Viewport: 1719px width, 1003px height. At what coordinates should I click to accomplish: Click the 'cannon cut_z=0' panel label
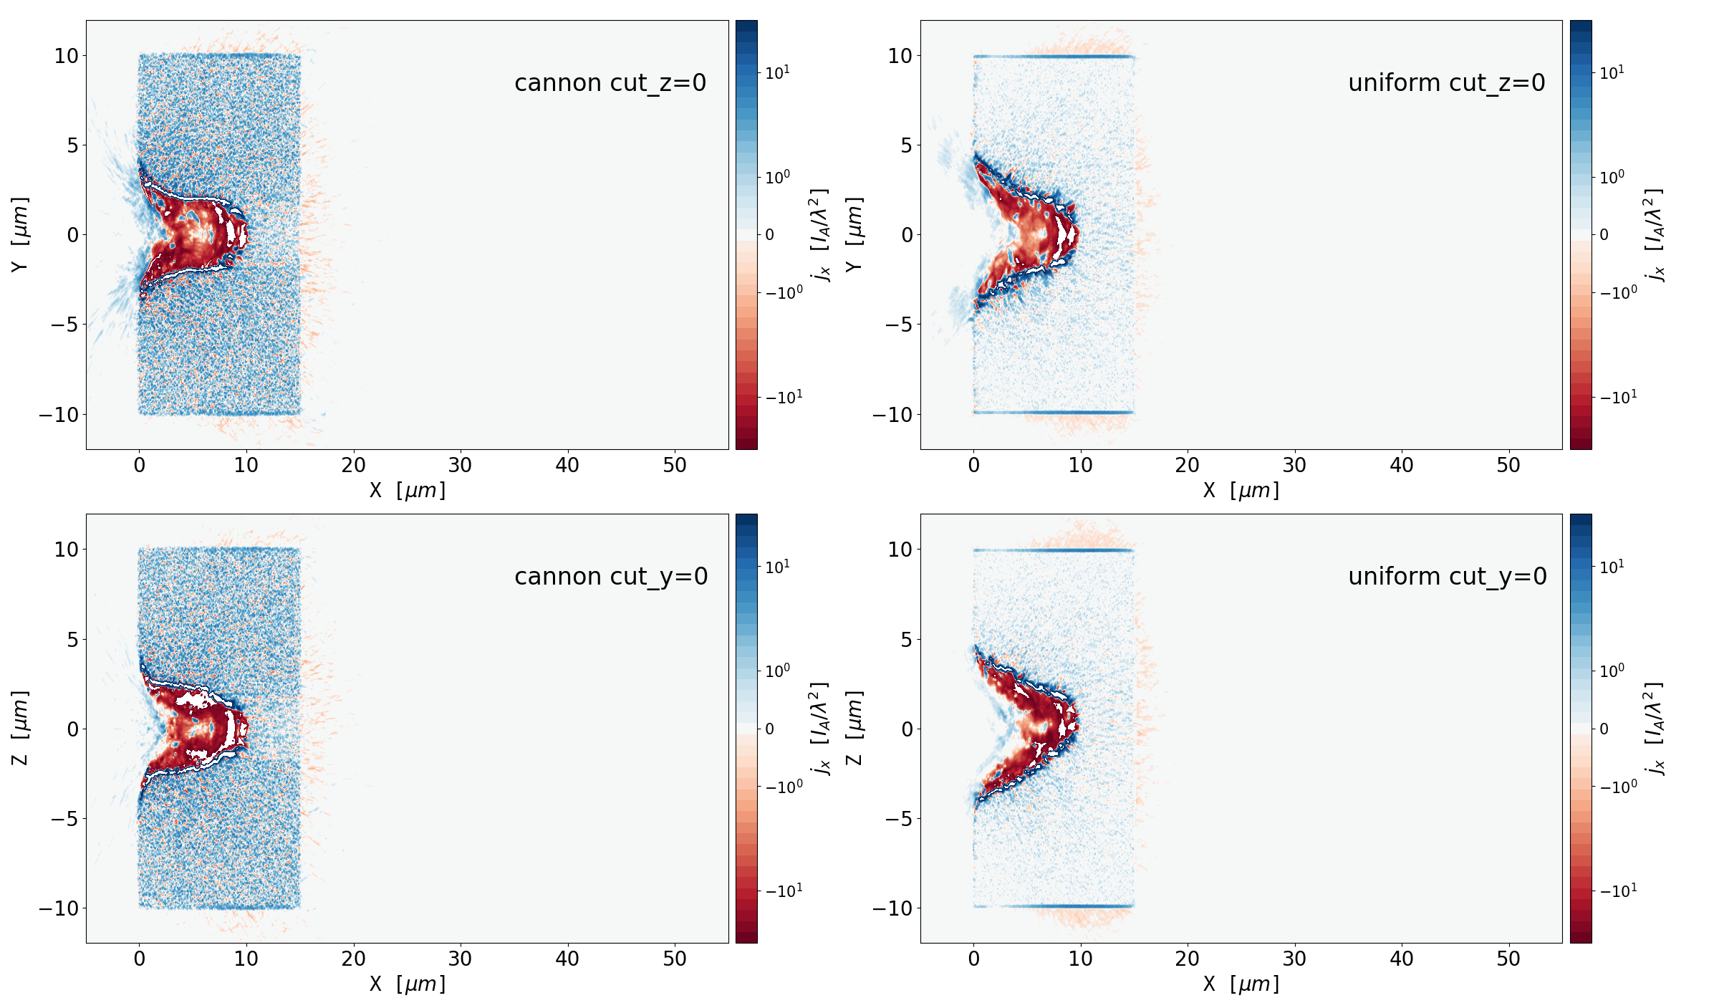610,83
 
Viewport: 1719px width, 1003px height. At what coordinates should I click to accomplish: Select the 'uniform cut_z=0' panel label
1446,83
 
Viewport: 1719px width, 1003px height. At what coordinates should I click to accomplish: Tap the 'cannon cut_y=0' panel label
611,577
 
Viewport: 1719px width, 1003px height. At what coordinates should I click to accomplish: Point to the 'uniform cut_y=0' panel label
1447,577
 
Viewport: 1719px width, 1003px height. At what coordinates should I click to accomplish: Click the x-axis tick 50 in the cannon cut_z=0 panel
675,466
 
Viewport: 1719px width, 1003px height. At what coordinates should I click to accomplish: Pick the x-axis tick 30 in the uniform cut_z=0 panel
1294,466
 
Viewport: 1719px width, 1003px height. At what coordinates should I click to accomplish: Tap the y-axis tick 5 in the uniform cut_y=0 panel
906,640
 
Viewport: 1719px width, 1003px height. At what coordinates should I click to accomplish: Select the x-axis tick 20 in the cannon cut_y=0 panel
353,959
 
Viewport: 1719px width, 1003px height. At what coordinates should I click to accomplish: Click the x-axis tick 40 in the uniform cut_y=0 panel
1401,959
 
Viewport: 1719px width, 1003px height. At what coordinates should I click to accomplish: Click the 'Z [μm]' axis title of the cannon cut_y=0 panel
20,728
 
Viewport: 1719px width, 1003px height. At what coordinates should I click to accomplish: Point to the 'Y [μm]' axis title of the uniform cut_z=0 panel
854,234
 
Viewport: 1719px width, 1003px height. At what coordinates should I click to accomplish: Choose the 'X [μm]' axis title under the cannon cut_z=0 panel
407,491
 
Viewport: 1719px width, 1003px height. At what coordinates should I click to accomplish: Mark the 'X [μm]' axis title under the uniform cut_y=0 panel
1241,984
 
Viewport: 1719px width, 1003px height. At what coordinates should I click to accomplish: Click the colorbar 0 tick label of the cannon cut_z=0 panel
770,235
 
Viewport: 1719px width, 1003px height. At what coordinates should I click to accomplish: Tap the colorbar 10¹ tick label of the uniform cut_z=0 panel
1612,73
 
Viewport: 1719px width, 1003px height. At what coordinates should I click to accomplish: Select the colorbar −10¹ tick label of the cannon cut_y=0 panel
784,891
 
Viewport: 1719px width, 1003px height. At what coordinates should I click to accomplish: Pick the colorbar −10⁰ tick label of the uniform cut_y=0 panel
1618,787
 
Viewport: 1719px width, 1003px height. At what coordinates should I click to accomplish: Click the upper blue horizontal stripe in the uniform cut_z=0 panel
1053,57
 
